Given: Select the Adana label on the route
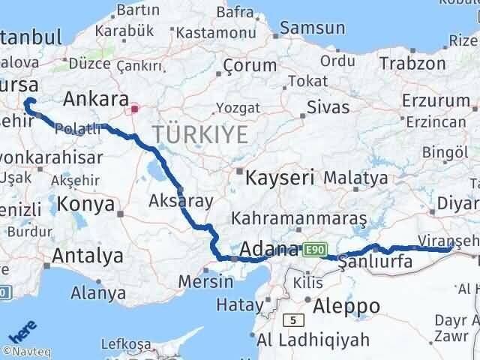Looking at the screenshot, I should point(269,249).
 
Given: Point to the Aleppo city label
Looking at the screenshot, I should point(348,306).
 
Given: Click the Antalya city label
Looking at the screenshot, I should point(87,256).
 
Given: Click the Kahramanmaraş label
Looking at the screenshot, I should point(299,218).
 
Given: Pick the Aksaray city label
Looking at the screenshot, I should point(181,200).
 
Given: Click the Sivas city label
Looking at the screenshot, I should point(328,107).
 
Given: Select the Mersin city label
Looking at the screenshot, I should point(206,283).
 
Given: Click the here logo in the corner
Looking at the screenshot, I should point(22,329).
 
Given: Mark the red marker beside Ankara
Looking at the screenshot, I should point(134,109).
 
